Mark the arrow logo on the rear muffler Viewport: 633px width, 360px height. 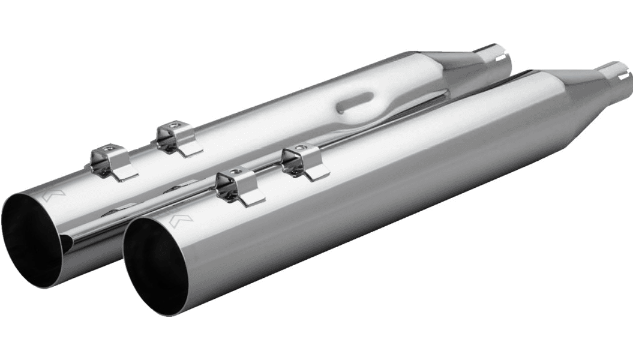click(50, 194)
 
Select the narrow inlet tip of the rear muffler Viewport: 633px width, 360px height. click(495, 58)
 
